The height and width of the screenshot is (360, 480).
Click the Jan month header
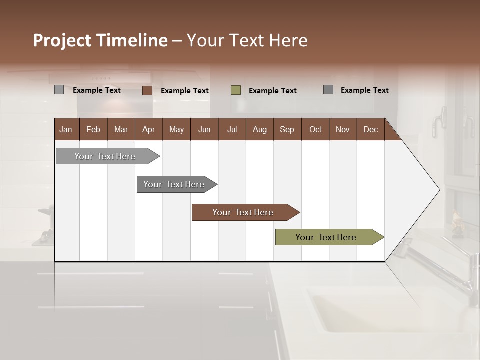(66, 129)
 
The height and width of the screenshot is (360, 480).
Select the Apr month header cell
(148, 129)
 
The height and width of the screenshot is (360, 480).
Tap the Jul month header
(232, 129)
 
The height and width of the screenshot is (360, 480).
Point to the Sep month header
(287, 129)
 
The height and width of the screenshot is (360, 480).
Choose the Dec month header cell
(370, 129)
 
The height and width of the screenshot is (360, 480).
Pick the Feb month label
(93, 129)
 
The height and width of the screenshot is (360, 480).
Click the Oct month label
(315, 129)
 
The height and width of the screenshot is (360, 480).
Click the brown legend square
(147, 90)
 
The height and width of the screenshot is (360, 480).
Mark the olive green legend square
(236, 90)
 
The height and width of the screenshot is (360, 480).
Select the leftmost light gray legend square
(59, 90)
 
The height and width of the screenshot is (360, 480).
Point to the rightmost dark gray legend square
(328, 90)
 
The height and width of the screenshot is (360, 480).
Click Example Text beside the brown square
(185, 91)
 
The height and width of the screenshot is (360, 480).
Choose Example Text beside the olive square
(273, 91)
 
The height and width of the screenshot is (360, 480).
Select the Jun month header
(204, 129)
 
